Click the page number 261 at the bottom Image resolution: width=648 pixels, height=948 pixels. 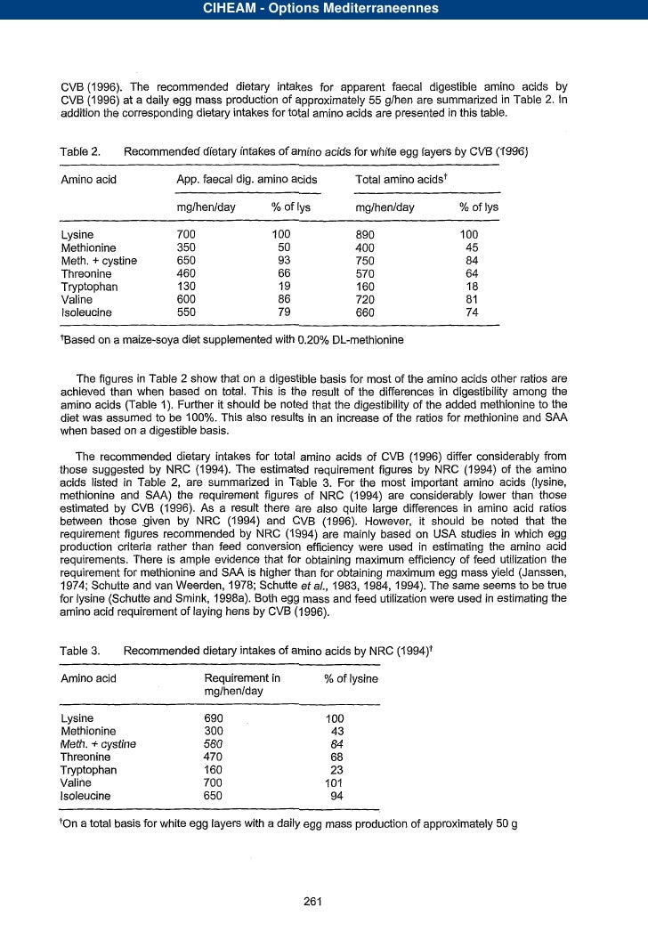point(312,901)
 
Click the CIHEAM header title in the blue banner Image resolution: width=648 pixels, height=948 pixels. point(323,10)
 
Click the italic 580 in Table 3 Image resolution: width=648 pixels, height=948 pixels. point(214,744)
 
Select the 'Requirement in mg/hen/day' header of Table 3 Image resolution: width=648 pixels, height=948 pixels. point(242,685)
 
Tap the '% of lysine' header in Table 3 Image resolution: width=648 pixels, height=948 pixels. point(352,678)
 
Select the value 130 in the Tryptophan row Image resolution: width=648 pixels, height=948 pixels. point(187,287)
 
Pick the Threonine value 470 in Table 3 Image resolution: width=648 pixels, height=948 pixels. point(214,757)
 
